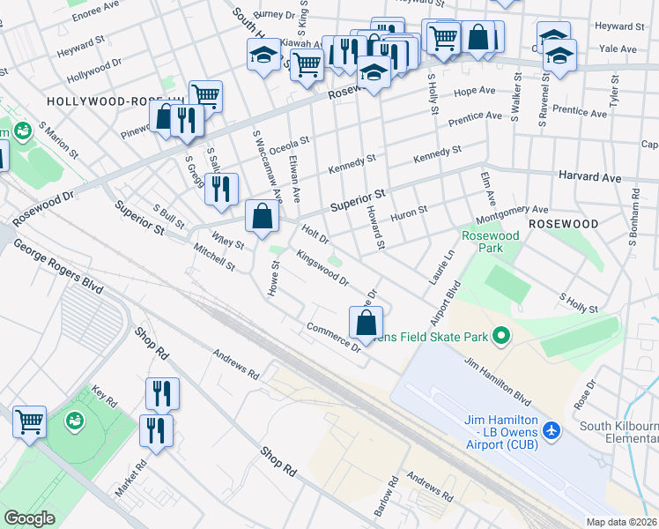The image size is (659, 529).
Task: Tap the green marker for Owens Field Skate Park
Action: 501,336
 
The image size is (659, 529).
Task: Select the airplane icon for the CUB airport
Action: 552,430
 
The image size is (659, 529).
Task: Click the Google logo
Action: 29,518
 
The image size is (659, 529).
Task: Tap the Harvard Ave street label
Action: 589,176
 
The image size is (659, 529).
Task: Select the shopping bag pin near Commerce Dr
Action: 367,323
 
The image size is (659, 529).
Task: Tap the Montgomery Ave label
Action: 511,214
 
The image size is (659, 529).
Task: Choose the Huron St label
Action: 409,212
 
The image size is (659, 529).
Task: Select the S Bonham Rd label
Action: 633,215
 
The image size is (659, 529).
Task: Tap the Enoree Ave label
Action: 95,9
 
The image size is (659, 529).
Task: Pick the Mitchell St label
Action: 215,257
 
